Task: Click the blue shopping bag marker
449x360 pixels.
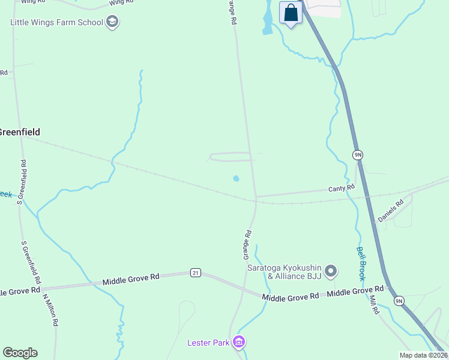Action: coord(291,13)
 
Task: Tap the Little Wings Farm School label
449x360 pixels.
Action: coord(56,23)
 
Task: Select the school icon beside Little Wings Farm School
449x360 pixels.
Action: coord(112,23)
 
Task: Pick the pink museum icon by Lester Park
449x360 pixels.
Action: coord(239,342)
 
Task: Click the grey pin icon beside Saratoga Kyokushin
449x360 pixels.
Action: coord(331,272)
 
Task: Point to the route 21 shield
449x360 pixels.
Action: coord(195,273)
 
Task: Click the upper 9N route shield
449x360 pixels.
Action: coord(358,155)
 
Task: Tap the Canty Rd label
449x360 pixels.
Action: coord(342,188)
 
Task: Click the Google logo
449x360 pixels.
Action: coord(20,353)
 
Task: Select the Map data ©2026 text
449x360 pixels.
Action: coord(423,355)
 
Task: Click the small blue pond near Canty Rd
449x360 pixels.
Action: coord(236,178)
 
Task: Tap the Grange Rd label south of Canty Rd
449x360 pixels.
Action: coord(247,241)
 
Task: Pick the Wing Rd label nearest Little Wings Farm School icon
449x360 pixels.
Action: coord(122,3)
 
